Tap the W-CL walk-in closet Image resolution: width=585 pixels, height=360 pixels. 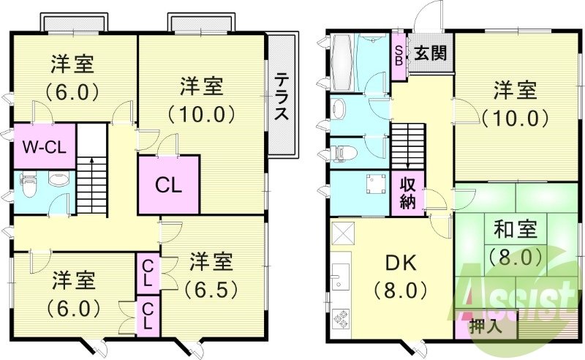click(44, 146)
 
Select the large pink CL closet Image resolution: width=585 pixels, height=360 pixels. click(168, 184)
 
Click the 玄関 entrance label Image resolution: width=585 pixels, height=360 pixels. click(431, 53)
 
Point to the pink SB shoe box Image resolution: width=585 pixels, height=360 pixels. click(399, 53)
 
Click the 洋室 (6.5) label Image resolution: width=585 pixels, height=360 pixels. click(212, 274)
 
